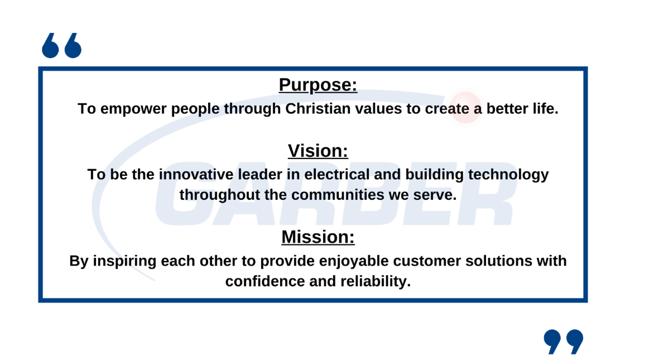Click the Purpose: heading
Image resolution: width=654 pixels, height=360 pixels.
click(318, 85)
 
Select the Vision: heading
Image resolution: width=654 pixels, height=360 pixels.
click(318, 151)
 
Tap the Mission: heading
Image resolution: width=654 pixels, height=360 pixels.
click(318, 237)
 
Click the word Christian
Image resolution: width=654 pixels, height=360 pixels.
click(318, 109)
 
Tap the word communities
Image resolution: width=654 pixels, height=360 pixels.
click(338, 195)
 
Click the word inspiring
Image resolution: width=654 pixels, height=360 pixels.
click(124, 262)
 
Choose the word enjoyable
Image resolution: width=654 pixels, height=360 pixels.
click(354, 262)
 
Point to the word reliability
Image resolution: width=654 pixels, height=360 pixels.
click(376, 282)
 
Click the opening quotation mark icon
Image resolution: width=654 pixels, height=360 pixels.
click(62, 45)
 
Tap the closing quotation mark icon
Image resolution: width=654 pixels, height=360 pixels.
click(564, 342)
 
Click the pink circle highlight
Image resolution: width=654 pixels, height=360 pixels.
click(465, 108)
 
